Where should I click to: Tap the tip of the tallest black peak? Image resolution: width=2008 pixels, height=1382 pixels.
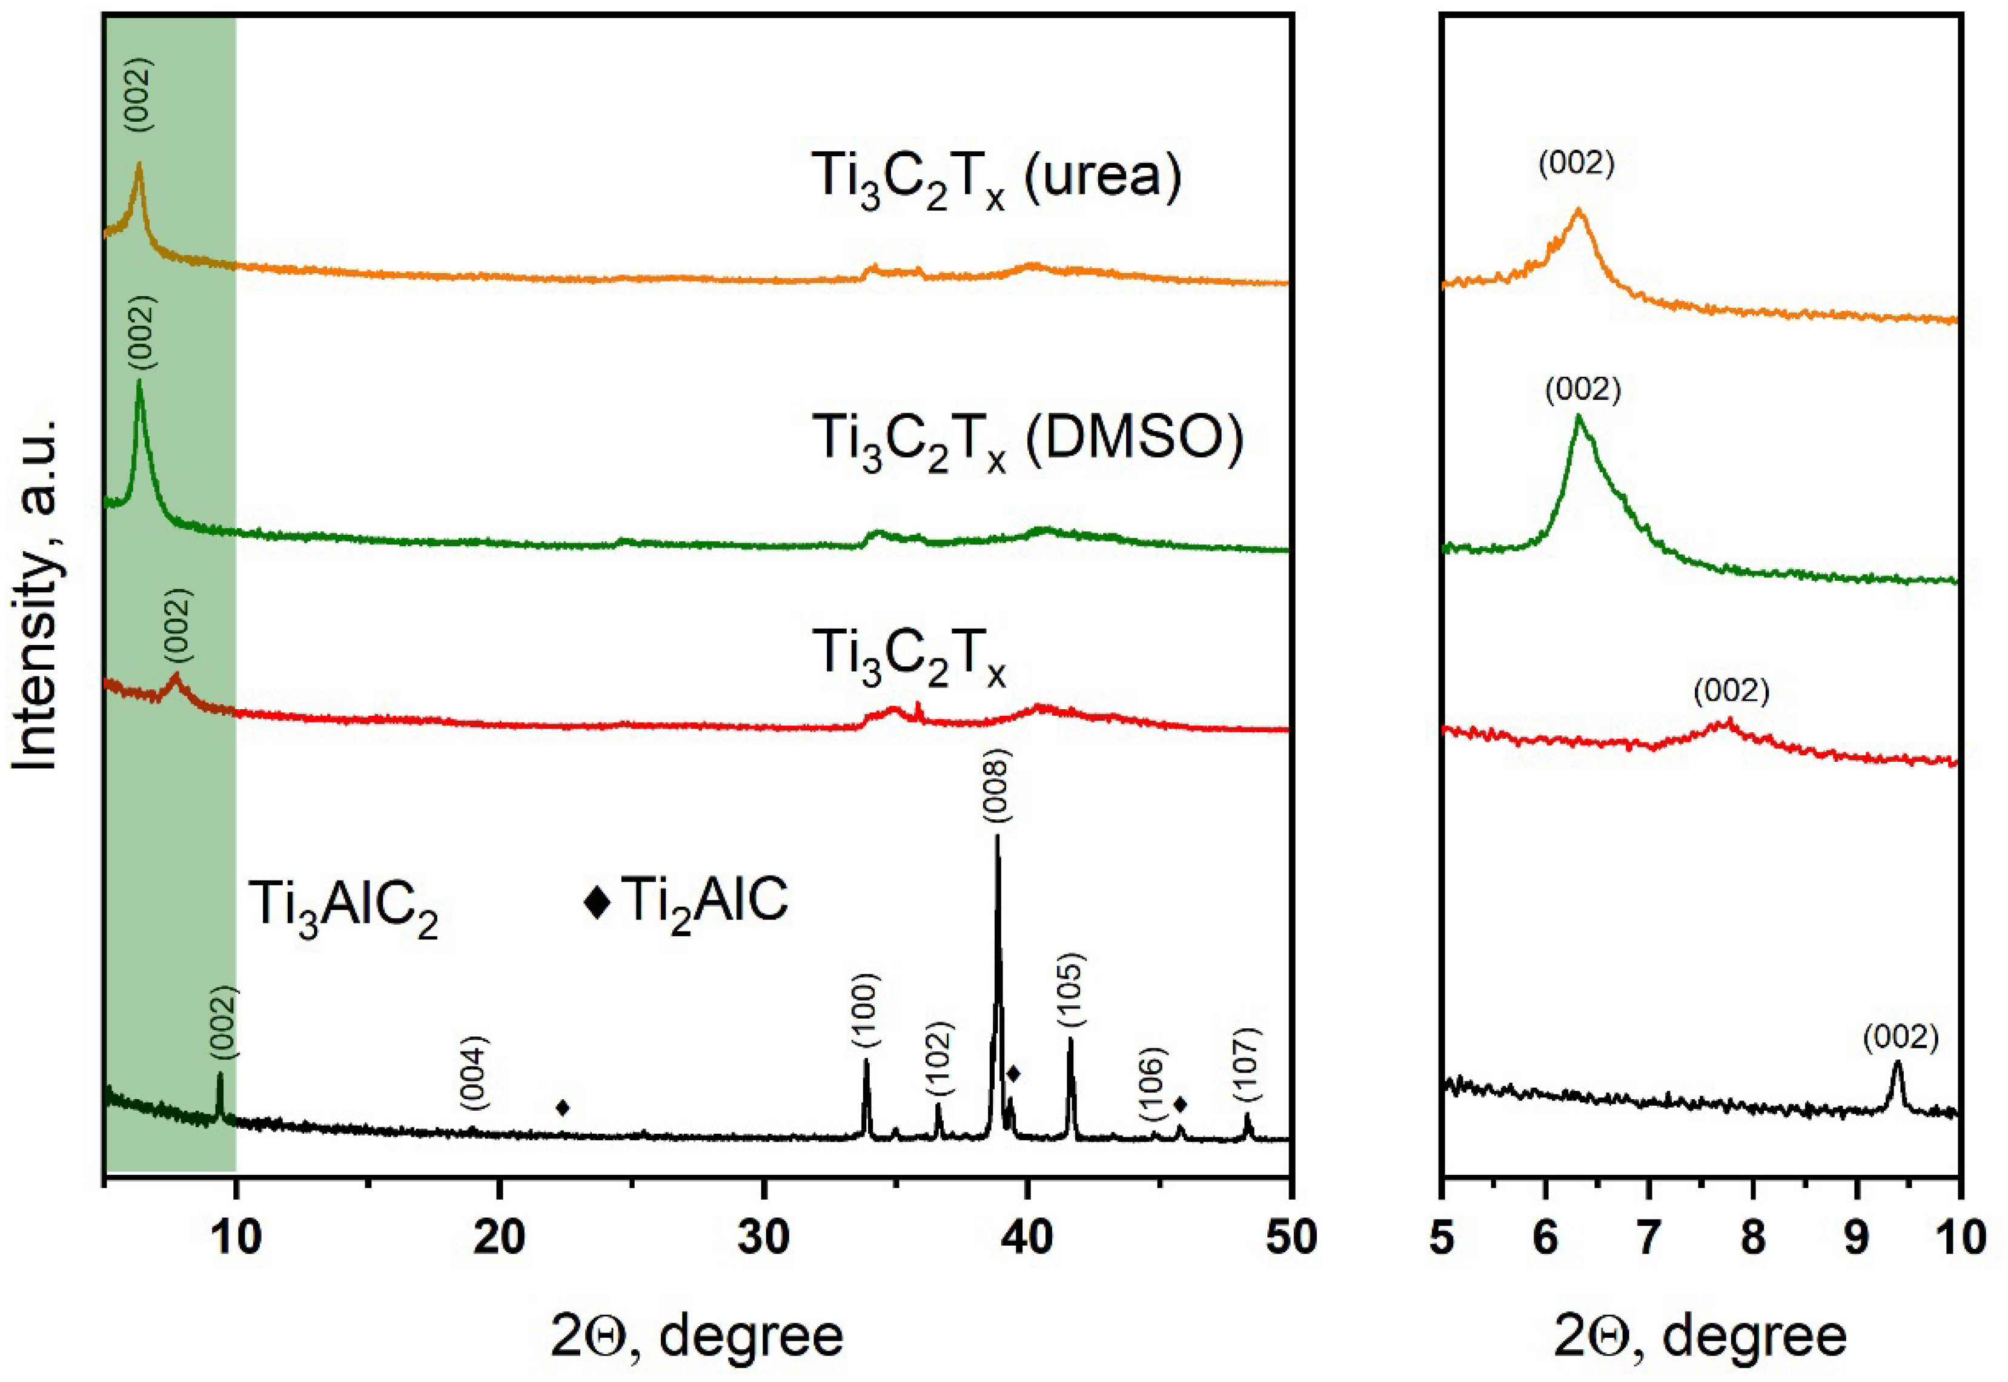[x=996, y=836]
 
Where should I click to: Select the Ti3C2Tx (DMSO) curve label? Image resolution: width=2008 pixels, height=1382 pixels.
[x=1027, y=441]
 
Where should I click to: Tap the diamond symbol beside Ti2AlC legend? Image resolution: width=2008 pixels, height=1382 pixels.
[x=597, y=902]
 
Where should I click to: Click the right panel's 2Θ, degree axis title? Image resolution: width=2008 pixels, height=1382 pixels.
[x=1700, y=1336]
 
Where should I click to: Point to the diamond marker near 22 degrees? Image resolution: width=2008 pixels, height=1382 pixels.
[x=563, y=1108]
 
